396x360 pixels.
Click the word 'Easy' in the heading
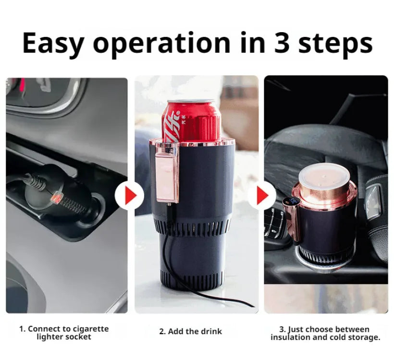[x=53, y=43]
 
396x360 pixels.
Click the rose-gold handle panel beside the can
[x=166, y=175]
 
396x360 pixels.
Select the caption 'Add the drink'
[x=191, y=332]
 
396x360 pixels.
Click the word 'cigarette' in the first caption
[x=90, y=329]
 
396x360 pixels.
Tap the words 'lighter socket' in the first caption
[x=64, y=336]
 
